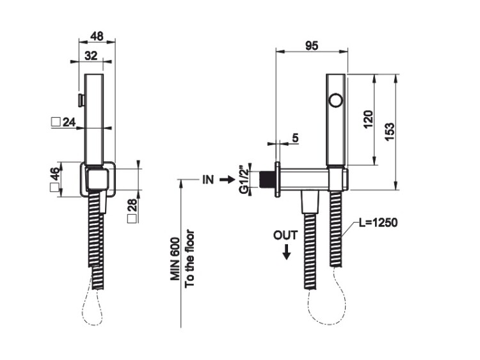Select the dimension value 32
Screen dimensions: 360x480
92,56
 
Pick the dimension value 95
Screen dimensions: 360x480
312,45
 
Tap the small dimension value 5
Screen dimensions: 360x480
295,137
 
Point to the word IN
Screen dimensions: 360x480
207,180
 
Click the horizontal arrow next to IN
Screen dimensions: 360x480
227,180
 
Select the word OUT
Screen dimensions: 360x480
285,235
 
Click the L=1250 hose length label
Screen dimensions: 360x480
378,223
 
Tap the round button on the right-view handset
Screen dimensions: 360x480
335,100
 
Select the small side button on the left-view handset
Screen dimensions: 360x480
81,100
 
